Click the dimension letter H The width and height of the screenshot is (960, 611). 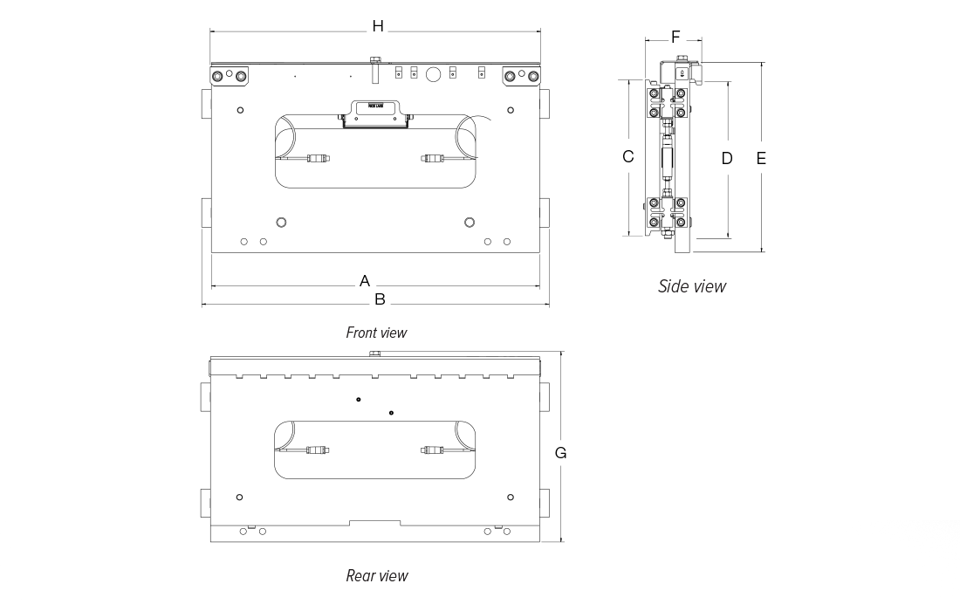point(378,26)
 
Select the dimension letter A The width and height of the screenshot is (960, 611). point(366,281)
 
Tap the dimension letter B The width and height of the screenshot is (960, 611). point(380,299)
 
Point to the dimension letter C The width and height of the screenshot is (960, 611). point(627,157)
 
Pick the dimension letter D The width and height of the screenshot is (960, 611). point(727,158)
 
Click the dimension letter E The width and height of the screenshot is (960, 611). point(761,158)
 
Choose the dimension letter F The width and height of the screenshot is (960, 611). point(675,37)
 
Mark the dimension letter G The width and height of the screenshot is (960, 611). point(561,452)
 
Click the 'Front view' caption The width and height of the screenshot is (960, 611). point(376,333)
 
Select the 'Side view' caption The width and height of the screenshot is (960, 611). point(691,286)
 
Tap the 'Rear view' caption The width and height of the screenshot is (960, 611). point(376,575)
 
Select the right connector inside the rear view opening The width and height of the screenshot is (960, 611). point(432,450)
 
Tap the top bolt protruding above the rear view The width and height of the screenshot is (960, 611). point(375,354)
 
